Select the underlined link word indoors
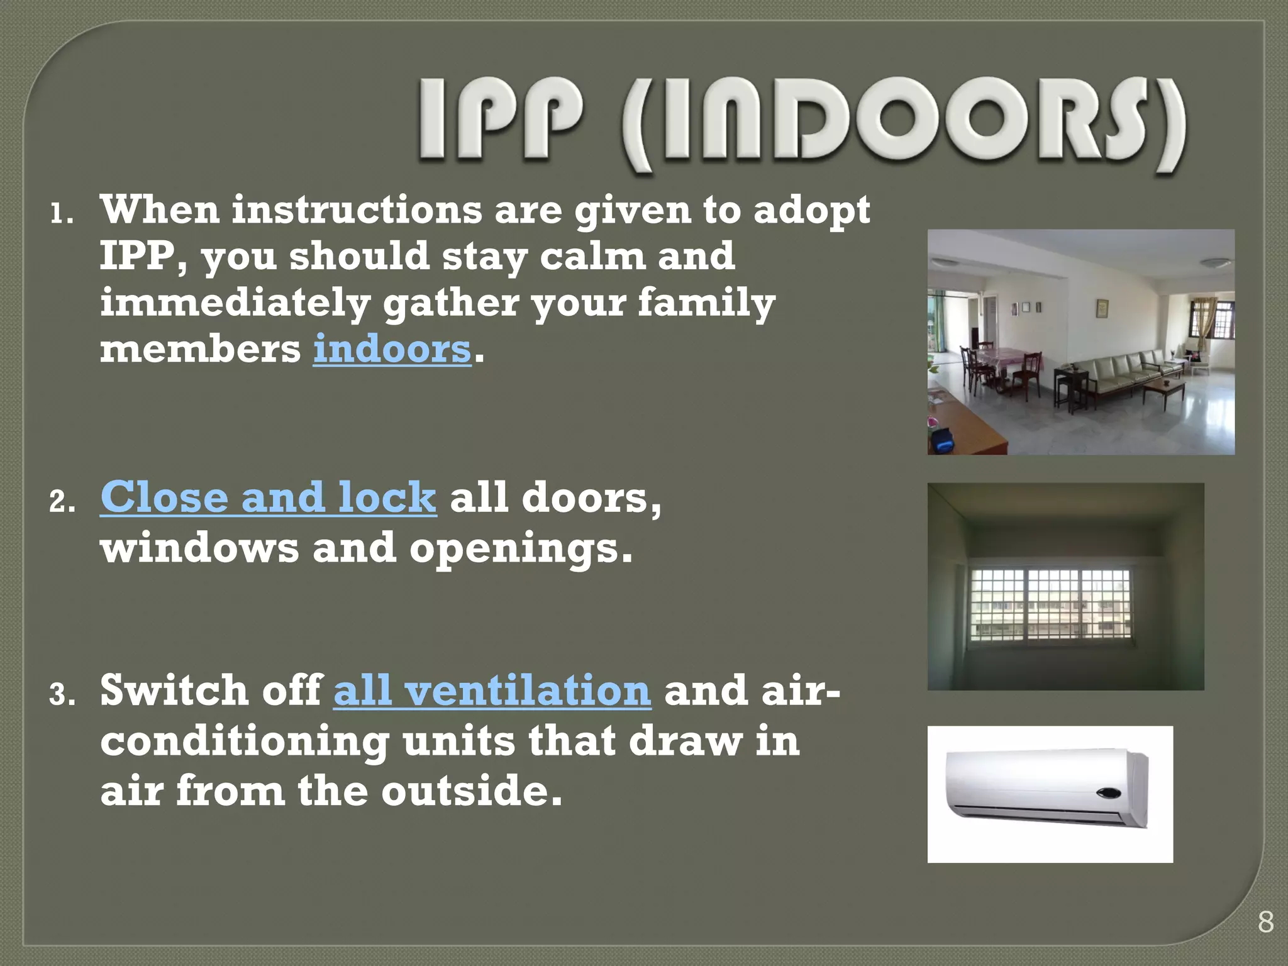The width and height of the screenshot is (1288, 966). point(392,349)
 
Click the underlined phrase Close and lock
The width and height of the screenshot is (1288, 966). point(268,497)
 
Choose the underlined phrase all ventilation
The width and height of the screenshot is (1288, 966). point(492,691)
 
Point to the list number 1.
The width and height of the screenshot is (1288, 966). point(61,216)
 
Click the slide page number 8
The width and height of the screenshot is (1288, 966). point(1265,923)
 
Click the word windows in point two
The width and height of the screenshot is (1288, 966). point(199,548)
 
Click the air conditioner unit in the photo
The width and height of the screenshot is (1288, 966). point(1046,790)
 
